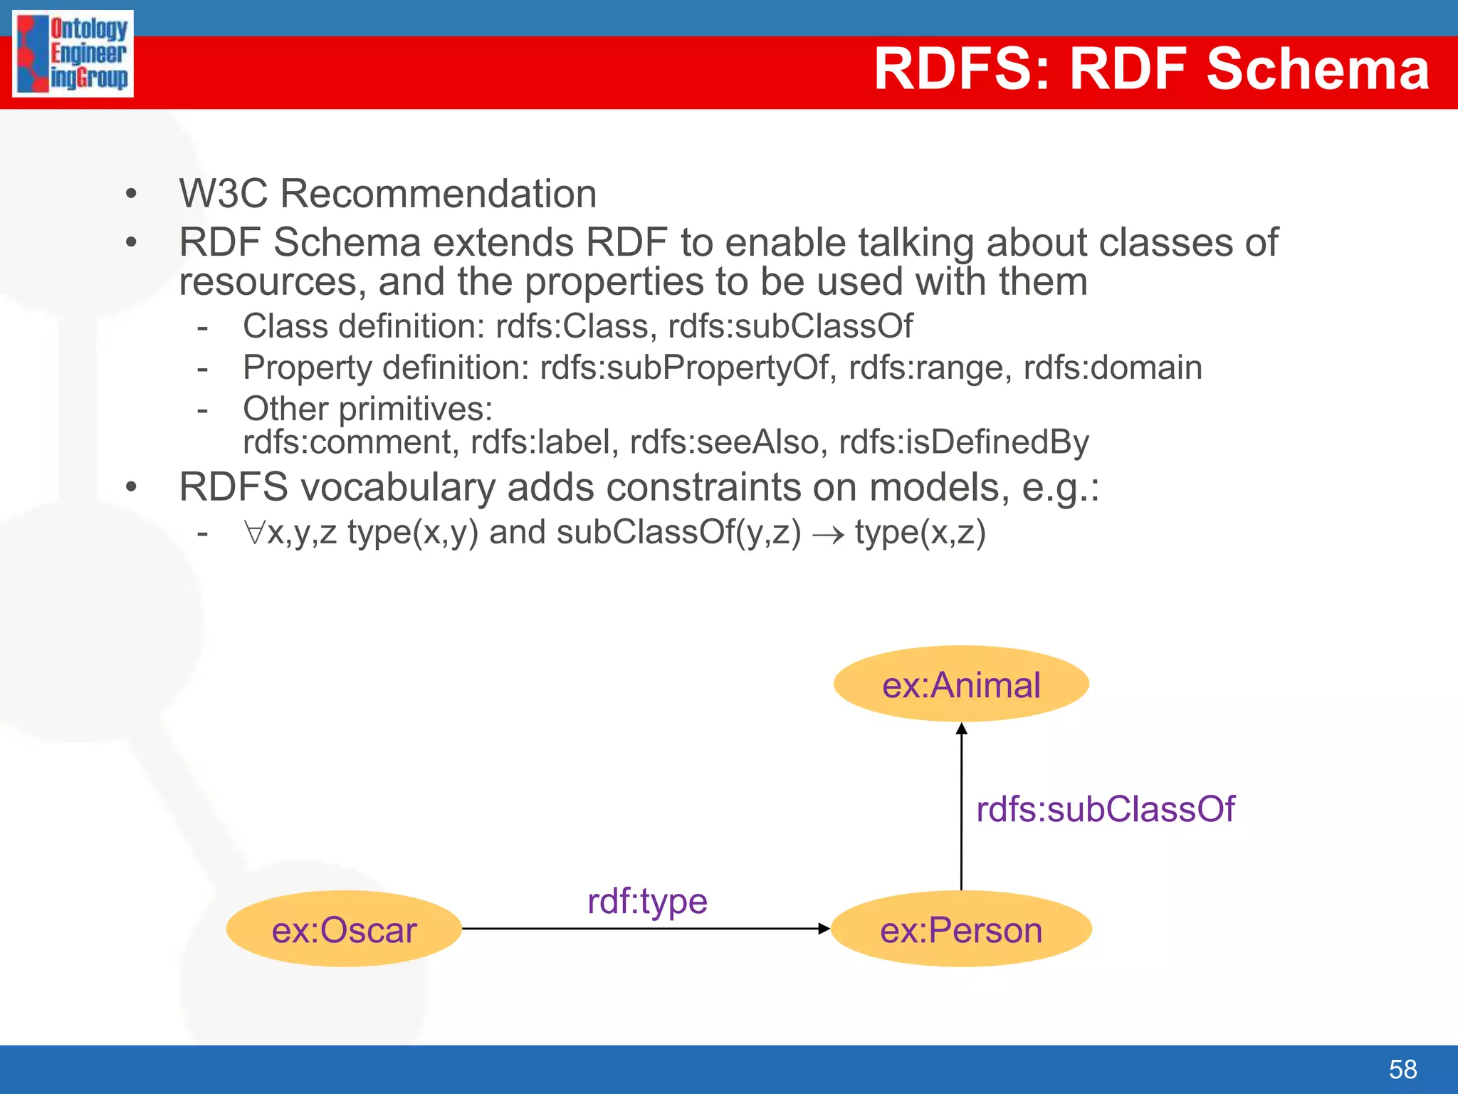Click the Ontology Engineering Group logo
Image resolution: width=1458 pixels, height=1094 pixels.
pos(73,53)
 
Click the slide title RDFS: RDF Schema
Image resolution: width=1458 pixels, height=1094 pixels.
pos(1150,69)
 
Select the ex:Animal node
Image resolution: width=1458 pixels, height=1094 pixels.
pos(961,684)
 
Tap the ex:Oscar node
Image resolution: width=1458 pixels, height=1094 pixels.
pos(344,929)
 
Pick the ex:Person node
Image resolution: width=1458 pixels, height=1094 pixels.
pos(961,929)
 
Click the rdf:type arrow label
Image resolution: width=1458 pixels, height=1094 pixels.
pos(647,902)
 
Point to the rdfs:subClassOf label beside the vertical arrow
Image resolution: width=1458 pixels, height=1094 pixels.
pos(1105,810)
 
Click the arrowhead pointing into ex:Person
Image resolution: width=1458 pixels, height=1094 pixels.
pos(824,929)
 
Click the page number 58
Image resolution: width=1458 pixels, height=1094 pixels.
pos(1402,1069)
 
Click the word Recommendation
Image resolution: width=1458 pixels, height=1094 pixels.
pos(439,194)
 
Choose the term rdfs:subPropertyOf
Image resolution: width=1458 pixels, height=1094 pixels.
pos(684,368)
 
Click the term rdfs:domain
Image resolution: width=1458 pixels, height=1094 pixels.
pos(1112,368)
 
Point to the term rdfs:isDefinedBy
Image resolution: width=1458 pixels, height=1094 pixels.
pos(964,442)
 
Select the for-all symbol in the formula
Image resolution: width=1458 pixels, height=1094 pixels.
pos(254,533)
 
